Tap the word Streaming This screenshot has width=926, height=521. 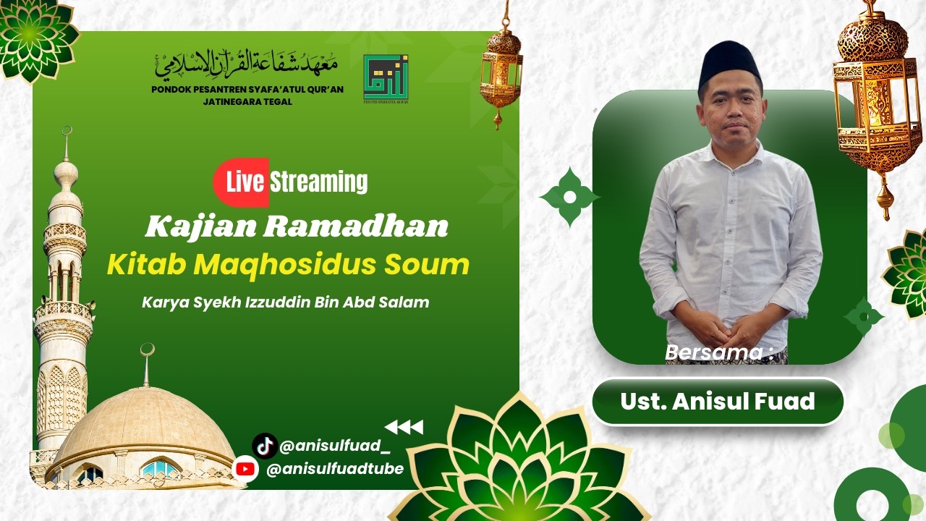tap(319, 182)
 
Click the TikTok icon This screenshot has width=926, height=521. tap(265, 446)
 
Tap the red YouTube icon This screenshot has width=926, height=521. tap(246, 470)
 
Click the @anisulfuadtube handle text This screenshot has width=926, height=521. tap(334, 470)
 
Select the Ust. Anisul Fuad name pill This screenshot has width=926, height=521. tap(718, 402)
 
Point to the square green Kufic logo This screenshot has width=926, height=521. tap(386, 77)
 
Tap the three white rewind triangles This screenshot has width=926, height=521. tap(404, 427)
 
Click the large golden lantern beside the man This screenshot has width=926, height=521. tap(877, 101)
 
